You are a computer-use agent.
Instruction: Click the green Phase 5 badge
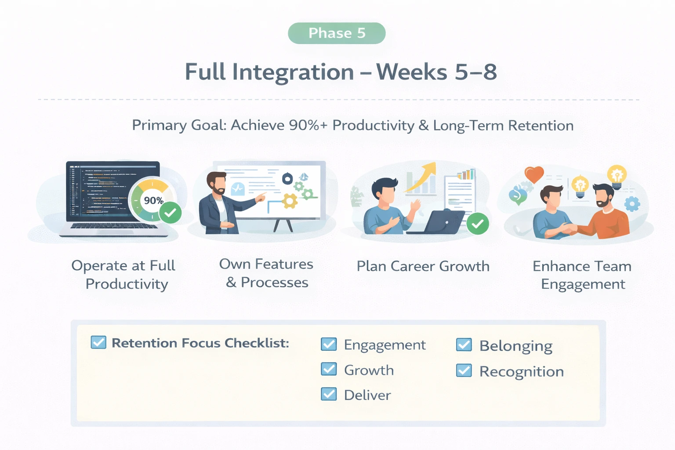point(337,33)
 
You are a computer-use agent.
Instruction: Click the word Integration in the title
point(293,72)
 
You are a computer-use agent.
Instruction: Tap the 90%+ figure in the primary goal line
point(308,125)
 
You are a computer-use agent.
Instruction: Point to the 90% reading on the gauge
point(153,200)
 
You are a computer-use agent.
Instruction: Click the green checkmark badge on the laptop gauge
point(170,214)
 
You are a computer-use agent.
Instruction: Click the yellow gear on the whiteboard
point(290,201)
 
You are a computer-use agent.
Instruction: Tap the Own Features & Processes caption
point(266,273)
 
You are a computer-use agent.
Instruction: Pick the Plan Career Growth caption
point(423,266)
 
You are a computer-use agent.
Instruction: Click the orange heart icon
point(534,174)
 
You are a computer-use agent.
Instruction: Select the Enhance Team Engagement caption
point(582,275)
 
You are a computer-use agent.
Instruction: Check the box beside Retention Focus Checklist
point(98,342)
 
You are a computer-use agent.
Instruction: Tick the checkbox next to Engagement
point(329,344)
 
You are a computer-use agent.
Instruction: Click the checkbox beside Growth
point(329,369)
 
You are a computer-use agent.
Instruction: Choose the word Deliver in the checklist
point(367,395)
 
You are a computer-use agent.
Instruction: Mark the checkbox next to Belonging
point(464,345)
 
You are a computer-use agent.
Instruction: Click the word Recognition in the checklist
point(522,372)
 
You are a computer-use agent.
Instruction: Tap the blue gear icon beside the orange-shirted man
point(632,204)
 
